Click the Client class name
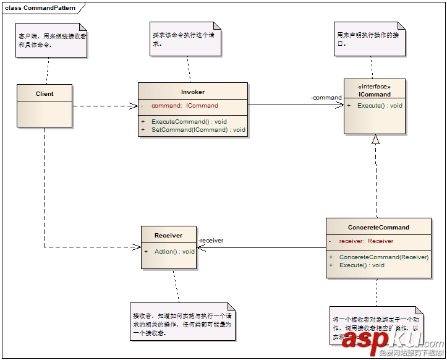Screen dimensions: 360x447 45,94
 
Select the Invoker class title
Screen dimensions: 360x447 193,92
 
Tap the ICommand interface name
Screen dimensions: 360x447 375,95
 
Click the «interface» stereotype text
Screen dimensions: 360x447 375,87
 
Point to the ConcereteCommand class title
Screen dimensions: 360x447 378,228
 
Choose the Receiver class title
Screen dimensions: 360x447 169,236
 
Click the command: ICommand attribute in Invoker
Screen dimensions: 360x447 184,106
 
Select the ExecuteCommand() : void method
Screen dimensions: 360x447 189,121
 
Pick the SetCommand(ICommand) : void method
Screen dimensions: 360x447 198,130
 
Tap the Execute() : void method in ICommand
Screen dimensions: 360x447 380,106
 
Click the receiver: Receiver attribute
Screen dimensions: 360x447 366,241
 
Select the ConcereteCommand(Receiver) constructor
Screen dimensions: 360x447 383,257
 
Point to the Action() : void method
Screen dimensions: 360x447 174,252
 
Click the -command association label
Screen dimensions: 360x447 326,98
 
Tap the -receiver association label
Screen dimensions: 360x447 211,241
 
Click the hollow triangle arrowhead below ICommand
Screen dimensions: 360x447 375,139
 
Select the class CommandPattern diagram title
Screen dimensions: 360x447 41,7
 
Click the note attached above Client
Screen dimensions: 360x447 51,41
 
